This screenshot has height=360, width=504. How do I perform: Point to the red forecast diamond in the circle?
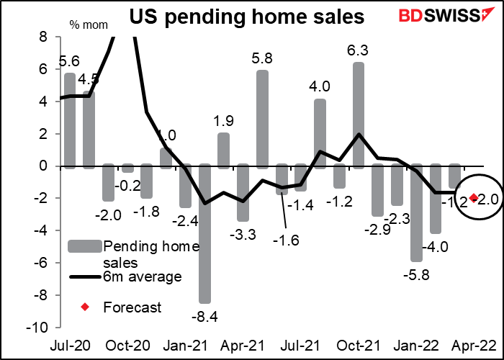474,198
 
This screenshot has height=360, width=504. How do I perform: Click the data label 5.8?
262,55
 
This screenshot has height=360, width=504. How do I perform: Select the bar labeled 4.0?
320,134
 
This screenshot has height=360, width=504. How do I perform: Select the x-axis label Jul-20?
70,345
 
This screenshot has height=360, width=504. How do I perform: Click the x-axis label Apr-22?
475,345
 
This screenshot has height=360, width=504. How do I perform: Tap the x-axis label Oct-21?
358,345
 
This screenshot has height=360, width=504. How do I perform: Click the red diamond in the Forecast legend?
85,308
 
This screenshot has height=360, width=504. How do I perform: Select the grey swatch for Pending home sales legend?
85,246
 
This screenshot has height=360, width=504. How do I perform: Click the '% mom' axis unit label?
84,25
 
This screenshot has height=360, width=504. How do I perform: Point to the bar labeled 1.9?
224,150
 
